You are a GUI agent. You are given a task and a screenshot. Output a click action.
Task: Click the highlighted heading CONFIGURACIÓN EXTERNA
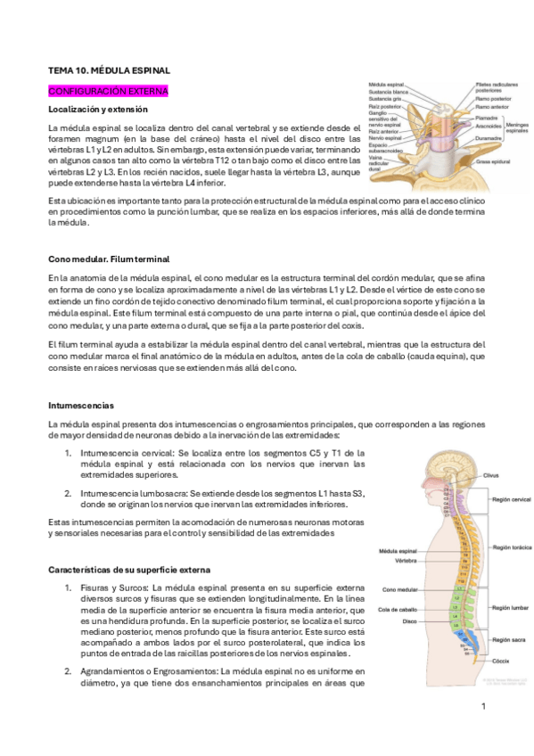108,91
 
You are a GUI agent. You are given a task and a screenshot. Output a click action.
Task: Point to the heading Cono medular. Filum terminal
108,259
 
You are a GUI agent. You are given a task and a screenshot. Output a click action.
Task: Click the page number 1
482,706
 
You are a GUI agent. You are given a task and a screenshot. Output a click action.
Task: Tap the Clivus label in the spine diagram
491,476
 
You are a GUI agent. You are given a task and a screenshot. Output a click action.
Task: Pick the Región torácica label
505,546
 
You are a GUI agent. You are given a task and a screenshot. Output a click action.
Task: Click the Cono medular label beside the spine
399,589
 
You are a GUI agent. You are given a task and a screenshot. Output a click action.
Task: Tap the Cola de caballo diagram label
398,609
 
